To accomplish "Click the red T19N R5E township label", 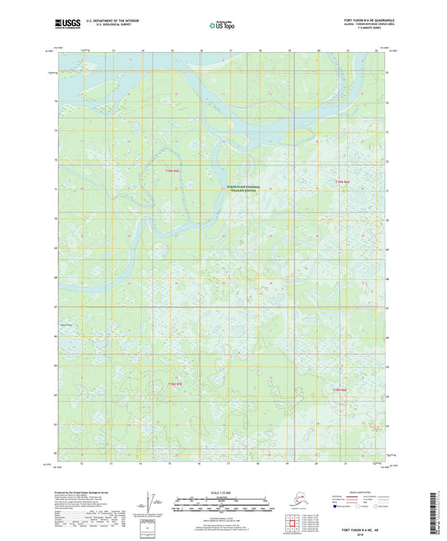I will [172, 171].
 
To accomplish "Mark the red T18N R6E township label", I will [340, 391].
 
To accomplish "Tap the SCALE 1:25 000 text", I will [222, 492].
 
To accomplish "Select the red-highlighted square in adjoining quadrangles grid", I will [294, 525].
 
